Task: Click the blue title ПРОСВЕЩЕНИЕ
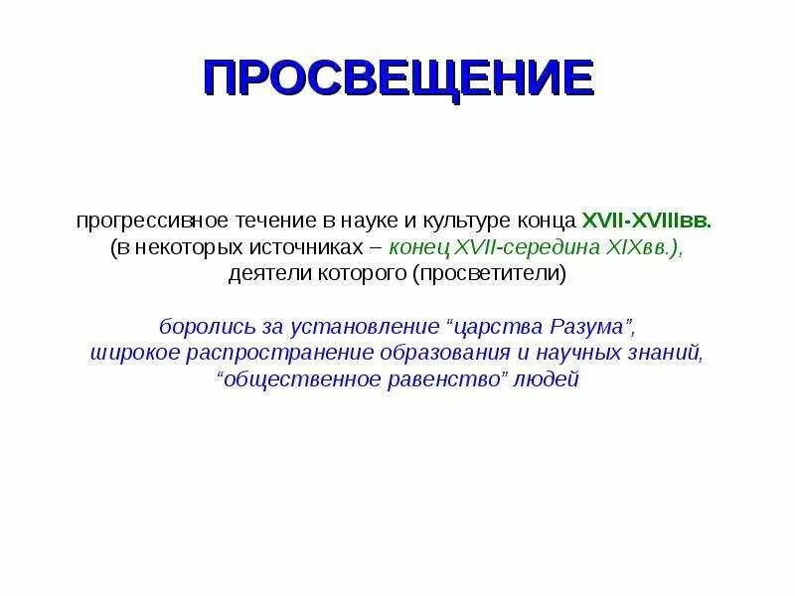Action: point(397,77)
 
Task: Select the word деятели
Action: point(260,274)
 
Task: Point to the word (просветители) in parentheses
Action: point(490,274)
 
